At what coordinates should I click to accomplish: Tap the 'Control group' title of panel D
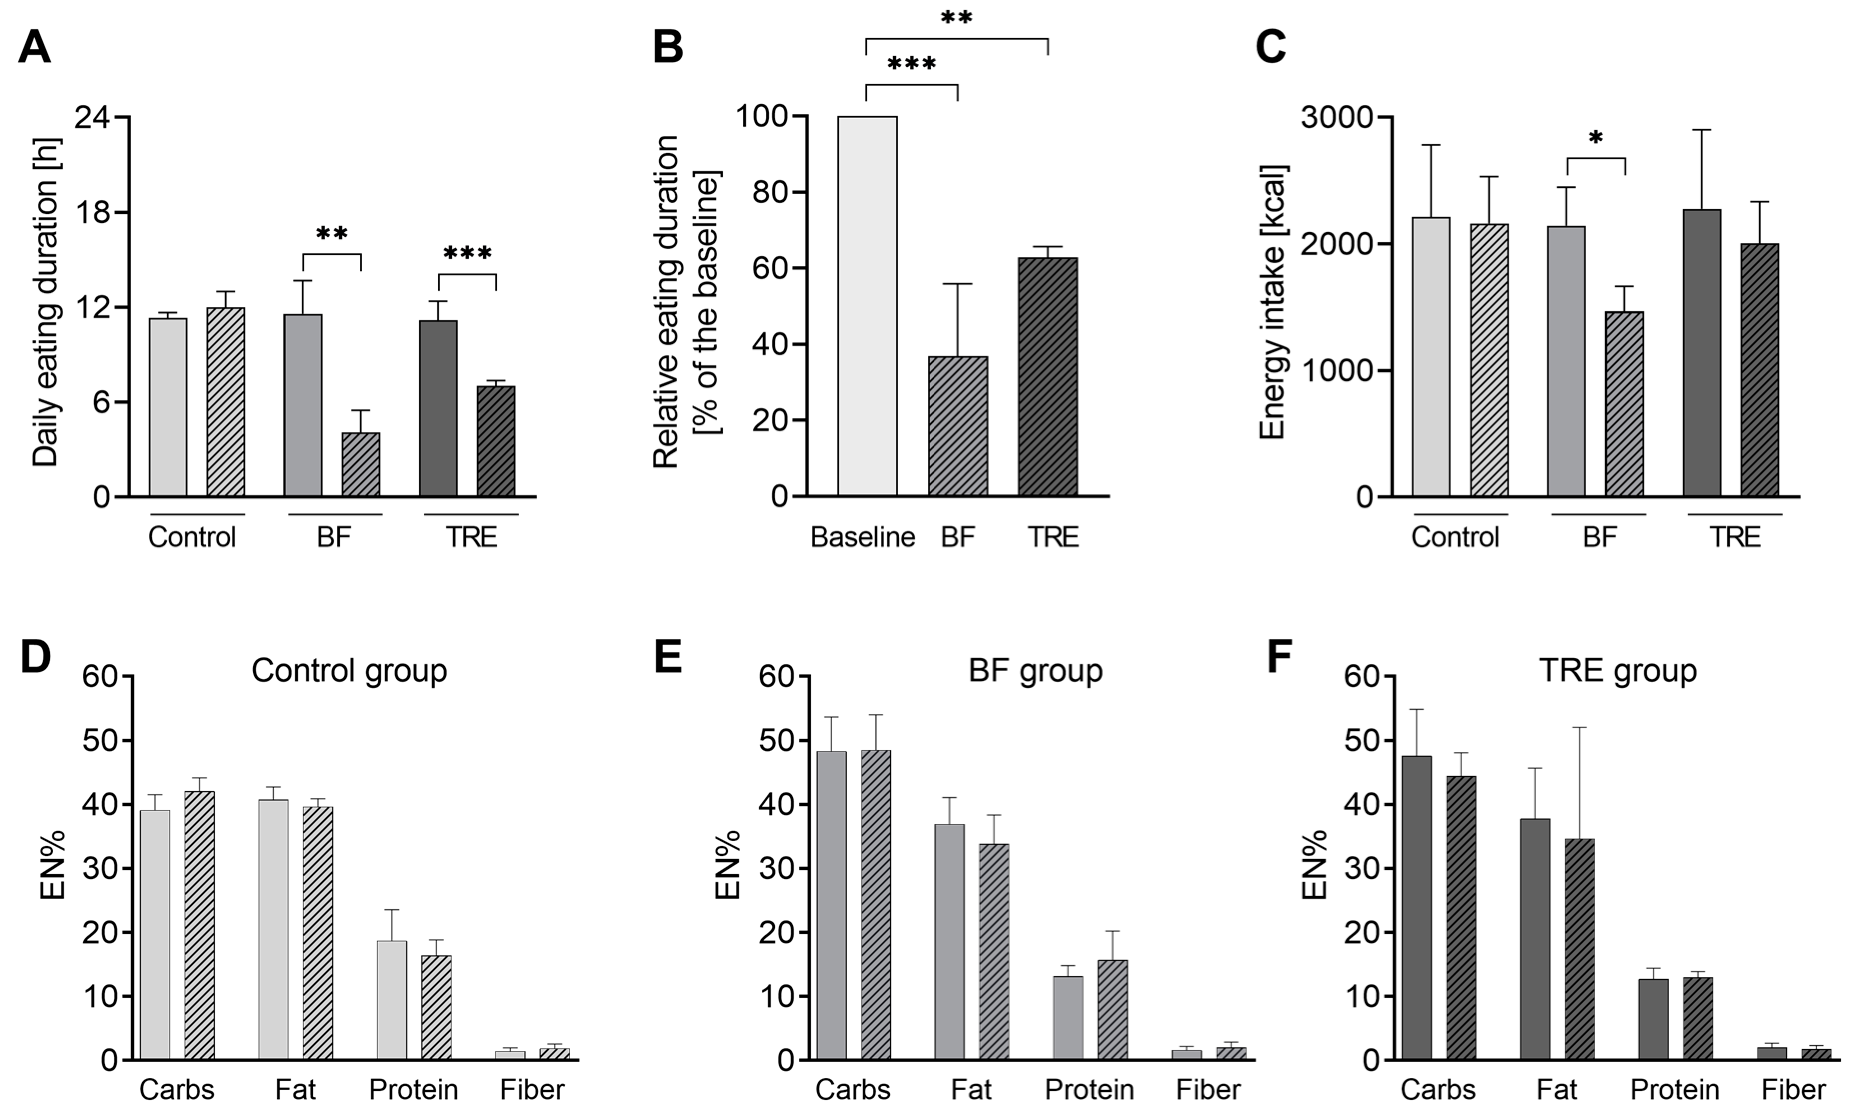click(349, 670)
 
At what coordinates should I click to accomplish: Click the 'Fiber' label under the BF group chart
click(1207, 1090)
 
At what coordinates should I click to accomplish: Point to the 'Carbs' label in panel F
click(1437, 1090)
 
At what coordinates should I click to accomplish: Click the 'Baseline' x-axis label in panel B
click(862, 537)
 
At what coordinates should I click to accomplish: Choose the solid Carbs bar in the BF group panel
click(831, 905)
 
